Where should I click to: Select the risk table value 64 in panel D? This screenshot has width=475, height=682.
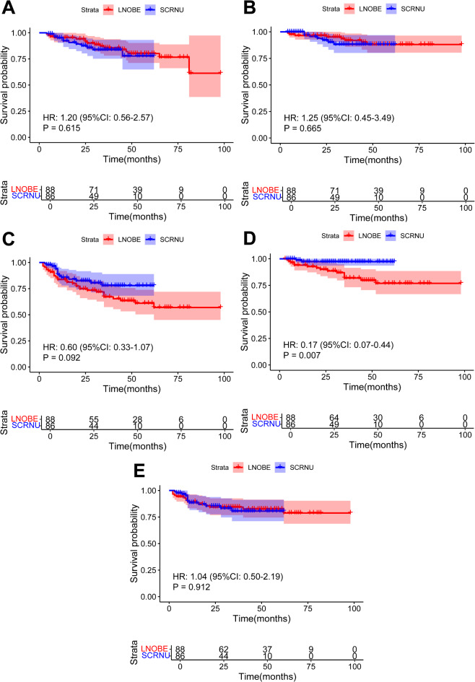coord(334,418)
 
